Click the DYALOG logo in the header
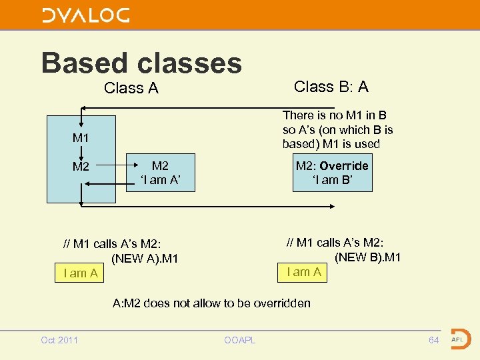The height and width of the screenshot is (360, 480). click(86, 15)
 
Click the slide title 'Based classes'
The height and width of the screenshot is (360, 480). click(141, 63)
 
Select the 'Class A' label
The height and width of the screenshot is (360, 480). click(131, 88)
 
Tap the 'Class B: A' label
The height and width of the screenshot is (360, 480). click(331, 87)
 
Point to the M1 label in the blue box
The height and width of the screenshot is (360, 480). click(81, 138)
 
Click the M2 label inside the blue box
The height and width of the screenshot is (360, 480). click(81, 167)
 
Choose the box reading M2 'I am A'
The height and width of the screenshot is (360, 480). click(160, 173)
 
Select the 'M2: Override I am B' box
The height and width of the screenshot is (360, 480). click(332, 173)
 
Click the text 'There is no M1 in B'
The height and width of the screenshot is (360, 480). click(335, 116)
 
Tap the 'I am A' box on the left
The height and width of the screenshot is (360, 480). click(80, 273)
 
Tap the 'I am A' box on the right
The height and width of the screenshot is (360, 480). click(303, 271)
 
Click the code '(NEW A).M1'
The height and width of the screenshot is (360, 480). click(145, 259)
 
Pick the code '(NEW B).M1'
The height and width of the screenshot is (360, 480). click(367, 257)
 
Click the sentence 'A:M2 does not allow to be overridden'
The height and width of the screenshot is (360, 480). click(211, 303)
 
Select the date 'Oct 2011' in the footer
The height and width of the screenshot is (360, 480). click(59, 340)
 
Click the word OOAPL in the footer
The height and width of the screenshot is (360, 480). click(239, 341)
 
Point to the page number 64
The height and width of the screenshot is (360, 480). click(434, 340)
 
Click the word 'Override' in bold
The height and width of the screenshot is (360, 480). click(343, 166)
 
